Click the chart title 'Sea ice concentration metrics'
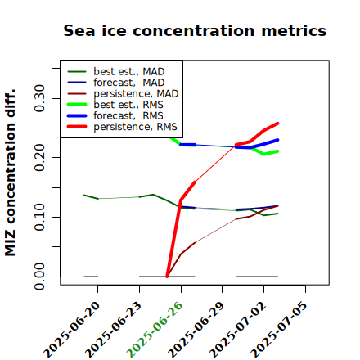[195, 30]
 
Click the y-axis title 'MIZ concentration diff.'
[10, 173]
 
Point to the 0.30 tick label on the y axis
[40, 98]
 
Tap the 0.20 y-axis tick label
[40, 157]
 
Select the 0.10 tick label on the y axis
[40, 217]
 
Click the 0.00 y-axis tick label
[40, 277]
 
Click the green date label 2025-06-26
[155, 329]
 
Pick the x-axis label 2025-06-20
[72, 329]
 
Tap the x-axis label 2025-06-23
[113, 329]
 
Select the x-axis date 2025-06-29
[196, 329]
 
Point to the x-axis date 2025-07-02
[237, 329]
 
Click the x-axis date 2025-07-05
[279, 329]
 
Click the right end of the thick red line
[277, 124]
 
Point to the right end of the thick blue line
[277, 140]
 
